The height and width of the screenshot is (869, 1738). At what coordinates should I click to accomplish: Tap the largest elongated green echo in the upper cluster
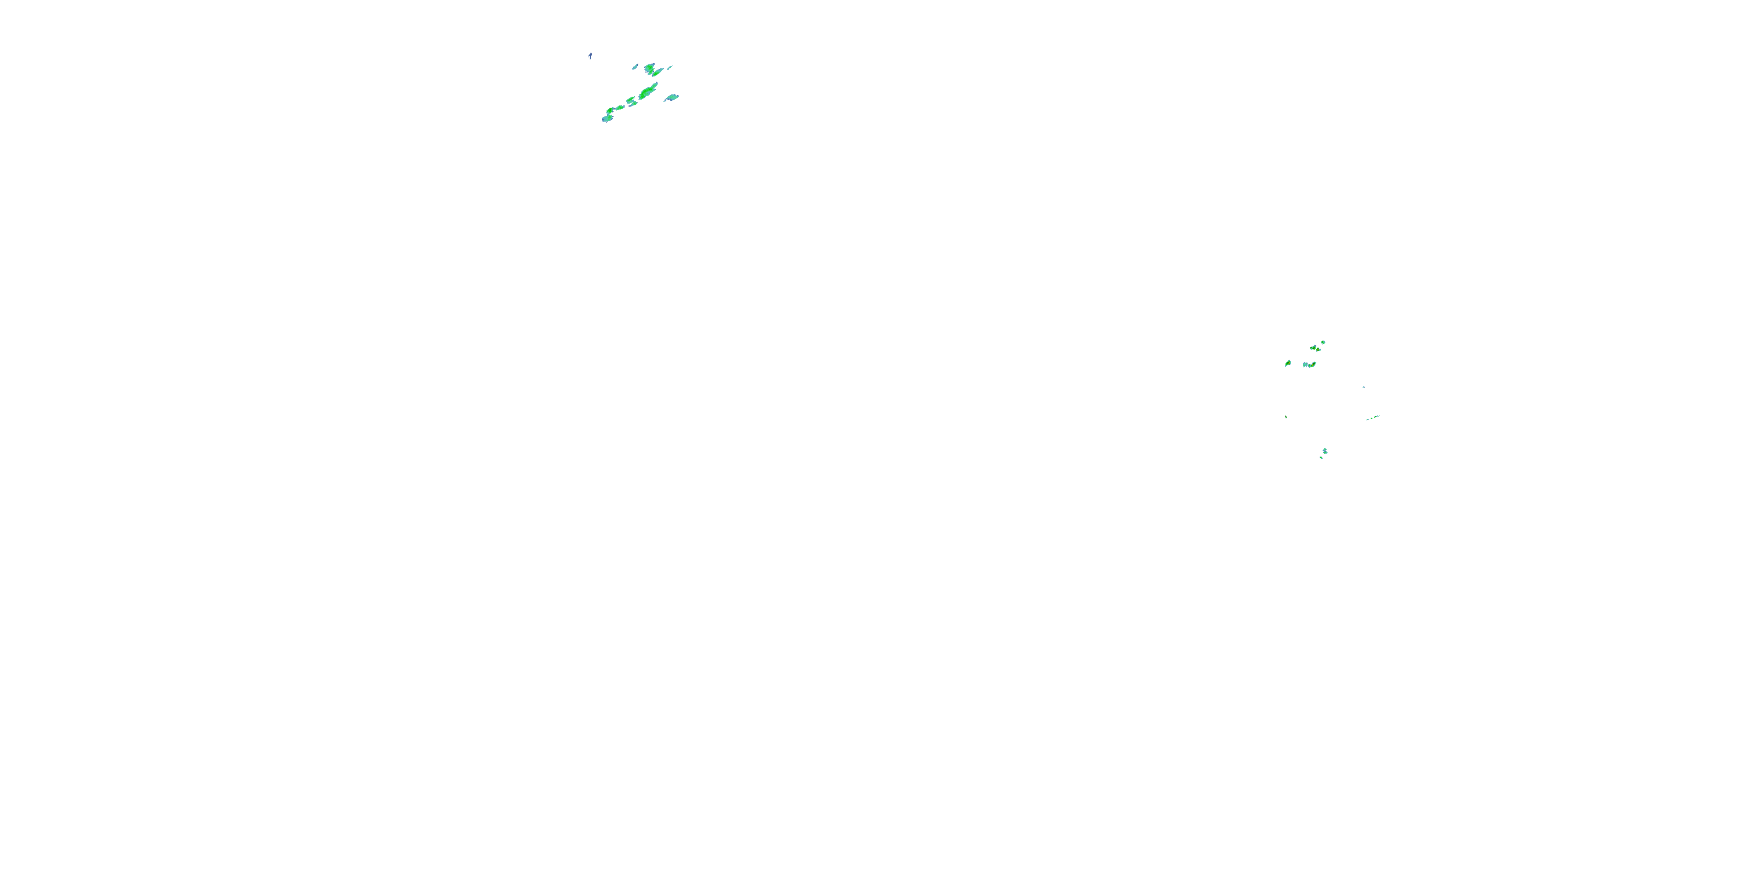click(x=648, y=91)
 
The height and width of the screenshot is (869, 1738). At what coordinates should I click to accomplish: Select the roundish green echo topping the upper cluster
click(x=651, y=69)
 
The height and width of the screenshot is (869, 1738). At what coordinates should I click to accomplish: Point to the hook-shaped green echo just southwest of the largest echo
click(x=631, y=101)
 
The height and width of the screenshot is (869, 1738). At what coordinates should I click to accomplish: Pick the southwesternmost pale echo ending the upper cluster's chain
click(x=607, y=119)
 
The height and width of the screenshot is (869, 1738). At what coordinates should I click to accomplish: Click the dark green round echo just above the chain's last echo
click(x=610, y=110)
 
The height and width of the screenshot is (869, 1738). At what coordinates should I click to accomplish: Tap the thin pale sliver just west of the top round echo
click(x=635, y=67)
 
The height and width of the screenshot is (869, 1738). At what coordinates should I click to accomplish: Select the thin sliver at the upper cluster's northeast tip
click(x=670, y=67)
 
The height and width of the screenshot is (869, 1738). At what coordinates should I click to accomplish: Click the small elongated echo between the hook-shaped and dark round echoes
click(x=620, y=107)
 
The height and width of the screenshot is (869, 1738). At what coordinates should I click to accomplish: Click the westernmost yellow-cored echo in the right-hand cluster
click(x=1288, y=364)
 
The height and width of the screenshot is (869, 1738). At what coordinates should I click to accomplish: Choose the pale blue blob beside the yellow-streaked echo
click(x=1305, y=365)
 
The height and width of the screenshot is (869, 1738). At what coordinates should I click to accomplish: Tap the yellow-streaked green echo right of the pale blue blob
click(x=1312, y=364)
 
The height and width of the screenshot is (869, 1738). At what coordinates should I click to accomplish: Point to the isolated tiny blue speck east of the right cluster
click(x=1364, y=386)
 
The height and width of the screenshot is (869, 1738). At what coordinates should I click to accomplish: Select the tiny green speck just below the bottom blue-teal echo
click(x=1321, y=458)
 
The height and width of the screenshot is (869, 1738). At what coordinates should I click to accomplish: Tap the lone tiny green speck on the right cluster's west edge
click(x=1286, y=417)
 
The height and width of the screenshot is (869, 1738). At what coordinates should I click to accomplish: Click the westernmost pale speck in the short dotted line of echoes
click(x=1368, y=419)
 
